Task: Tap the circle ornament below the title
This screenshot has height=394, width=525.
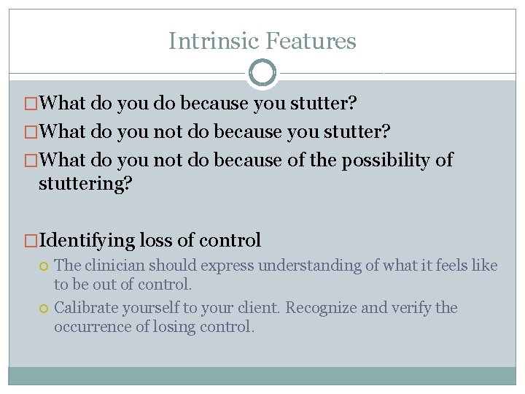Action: pos(262,73)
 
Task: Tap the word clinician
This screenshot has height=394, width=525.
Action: pos(114,266)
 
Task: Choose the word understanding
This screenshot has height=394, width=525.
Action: pos(311,266)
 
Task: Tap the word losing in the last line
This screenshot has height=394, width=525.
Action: pos(174,327)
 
